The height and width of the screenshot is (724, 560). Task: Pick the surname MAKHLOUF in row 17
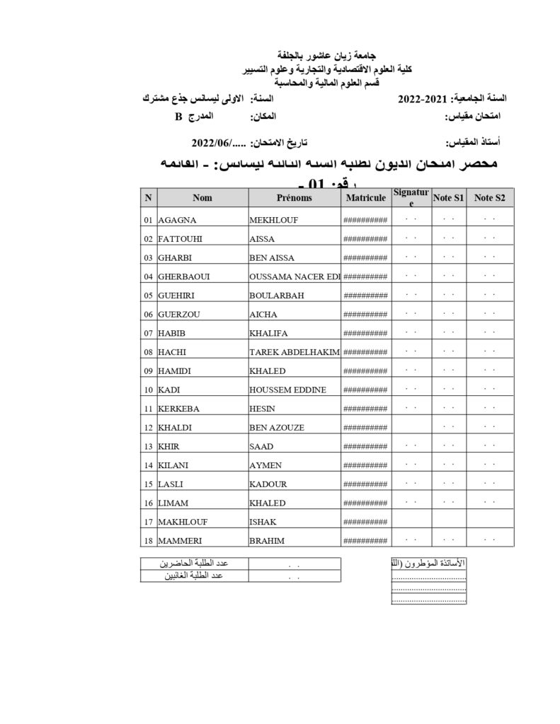point(182,522)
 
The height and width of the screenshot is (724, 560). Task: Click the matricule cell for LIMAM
point(365,503)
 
